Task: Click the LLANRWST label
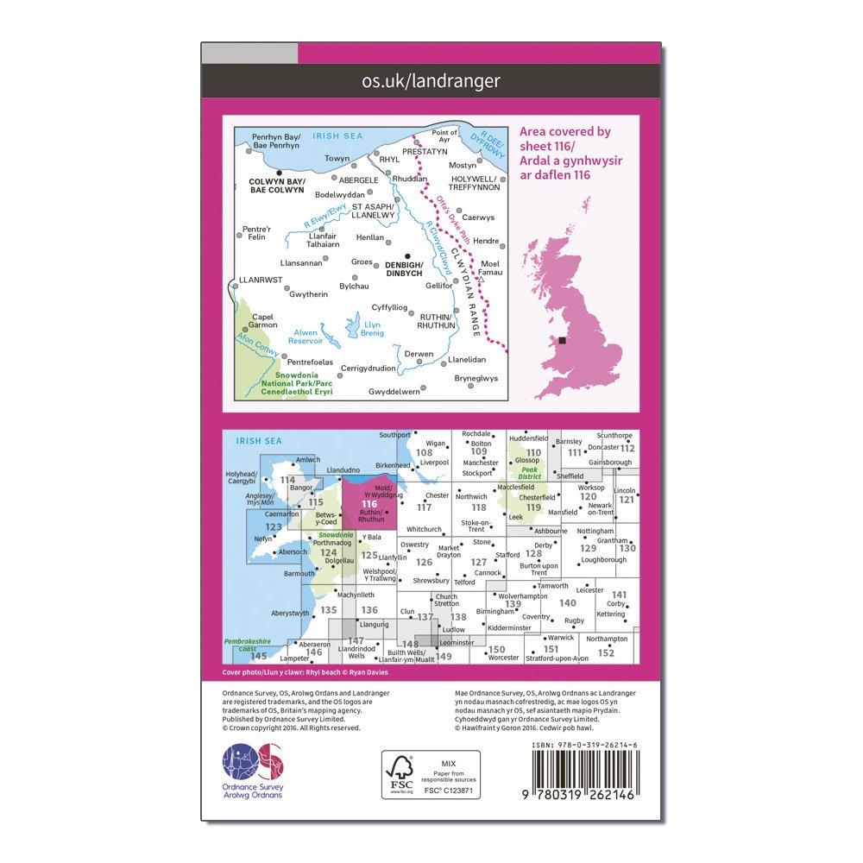(258, 280)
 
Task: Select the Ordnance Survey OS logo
(248, 765)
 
